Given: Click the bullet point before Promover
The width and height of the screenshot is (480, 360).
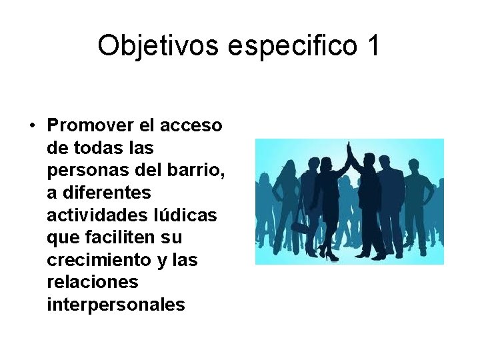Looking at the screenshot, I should click(31, 125).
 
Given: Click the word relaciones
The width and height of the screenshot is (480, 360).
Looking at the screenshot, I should click(93, 282).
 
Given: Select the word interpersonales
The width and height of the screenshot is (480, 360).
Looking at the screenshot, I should click(115, 305).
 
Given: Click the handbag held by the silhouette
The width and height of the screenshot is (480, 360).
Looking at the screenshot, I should click(299, 227).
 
